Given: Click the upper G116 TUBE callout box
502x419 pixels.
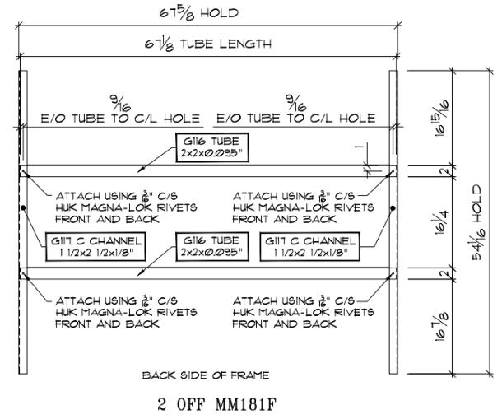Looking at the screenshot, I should coord(211,147).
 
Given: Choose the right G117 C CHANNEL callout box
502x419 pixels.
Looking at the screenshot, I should coord(309,244).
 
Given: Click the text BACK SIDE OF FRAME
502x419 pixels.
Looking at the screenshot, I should coord(207,375).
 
